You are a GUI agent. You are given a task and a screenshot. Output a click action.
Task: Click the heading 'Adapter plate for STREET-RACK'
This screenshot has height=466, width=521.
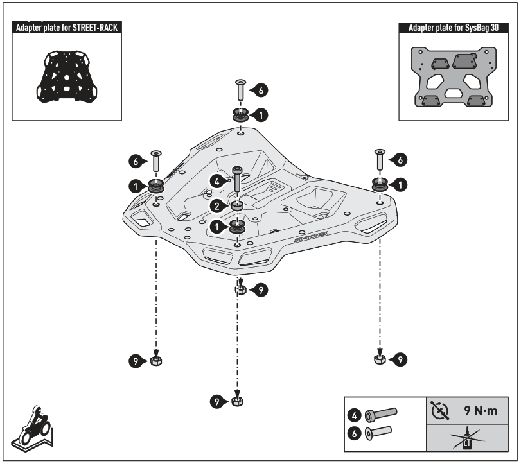pos(67,28)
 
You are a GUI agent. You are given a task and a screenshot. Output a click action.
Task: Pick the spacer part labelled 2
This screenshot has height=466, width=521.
pos(237,206)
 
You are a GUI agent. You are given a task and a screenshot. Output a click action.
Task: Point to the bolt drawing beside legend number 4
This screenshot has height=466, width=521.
pos(382,414)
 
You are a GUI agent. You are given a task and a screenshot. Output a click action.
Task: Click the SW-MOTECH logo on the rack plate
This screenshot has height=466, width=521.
pos(310,236)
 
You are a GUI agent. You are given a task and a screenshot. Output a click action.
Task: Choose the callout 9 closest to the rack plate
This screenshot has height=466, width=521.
pos(260,290)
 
